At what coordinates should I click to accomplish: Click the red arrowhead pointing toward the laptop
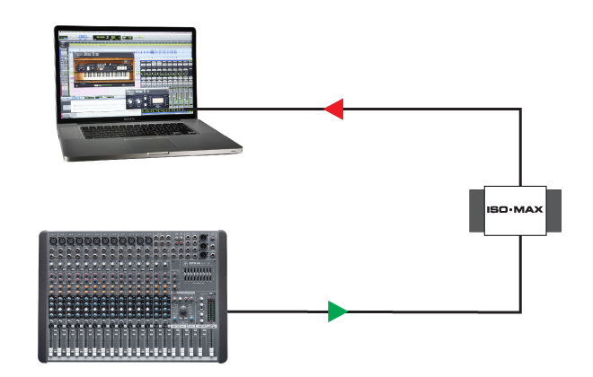333,110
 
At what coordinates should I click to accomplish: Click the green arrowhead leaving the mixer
337,311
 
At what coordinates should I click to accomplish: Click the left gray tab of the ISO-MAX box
478,211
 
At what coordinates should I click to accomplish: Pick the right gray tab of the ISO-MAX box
553,211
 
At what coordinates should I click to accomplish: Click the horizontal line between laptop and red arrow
261,110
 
